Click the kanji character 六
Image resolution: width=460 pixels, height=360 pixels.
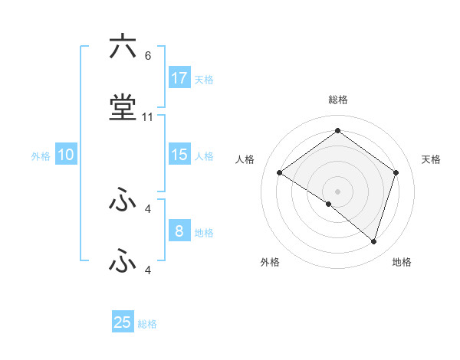123,47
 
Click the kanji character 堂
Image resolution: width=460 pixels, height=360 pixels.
123,108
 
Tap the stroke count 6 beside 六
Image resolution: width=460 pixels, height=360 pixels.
147,56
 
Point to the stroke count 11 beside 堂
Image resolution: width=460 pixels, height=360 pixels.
148,117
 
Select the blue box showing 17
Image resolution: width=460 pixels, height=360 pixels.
179,77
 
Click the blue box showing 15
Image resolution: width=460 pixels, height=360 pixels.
179,155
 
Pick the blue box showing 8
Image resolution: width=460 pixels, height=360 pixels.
179,231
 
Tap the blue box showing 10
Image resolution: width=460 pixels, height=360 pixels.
66,155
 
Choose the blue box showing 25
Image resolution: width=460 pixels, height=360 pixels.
123,322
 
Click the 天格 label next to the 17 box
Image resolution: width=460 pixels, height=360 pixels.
203,79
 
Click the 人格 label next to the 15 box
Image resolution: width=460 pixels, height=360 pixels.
203,156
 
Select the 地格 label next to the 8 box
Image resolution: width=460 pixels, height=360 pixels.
203,233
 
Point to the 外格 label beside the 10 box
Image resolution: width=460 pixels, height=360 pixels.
41,156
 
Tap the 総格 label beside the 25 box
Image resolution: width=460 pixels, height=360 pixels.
147,324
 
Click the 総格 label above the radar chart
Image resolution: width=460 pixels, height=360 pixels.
337,100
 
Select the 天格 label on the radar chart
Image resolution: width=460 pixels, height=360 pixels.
431,159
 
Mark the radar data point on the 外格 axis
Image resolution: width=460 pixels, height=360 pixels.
329,204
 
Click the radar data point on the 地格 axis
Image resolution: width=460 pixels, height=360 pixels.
373,241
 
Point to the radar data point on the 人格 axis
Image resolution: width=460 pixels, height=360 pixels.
279,173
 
